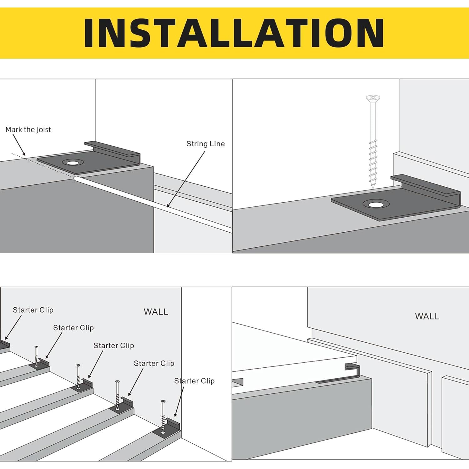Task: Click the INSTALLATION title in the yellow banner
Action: tap(234, 33)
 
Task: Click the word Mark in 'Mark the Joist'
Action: tap(13, 130)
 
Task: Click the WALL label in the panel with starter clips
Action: tap(156, 312)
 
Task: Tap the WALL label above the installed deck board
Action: tap(427, 316)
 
